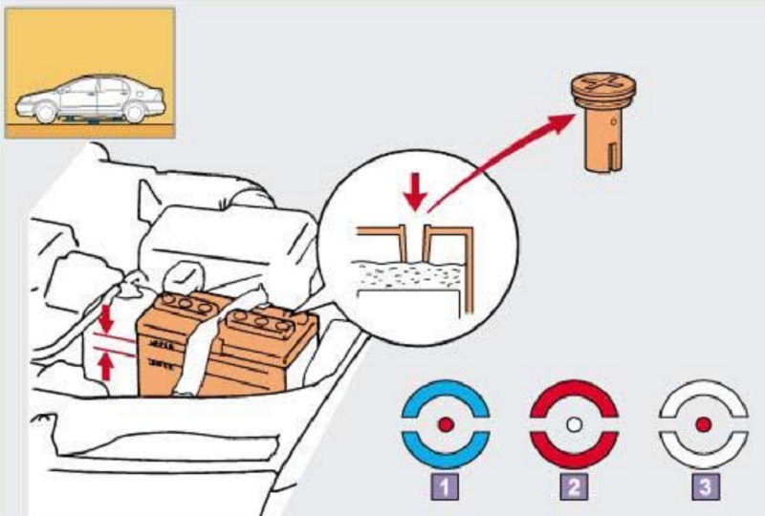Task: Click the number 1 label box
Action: coord(445,486)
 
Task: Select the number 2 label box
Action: coord(575,486)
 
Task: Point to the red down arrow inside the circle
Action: coord(414,194)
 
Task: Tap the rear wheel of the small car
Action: coord(135,112)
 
